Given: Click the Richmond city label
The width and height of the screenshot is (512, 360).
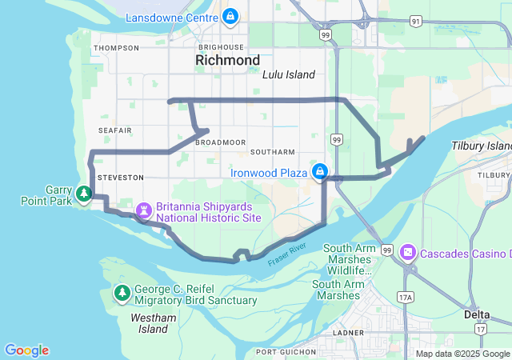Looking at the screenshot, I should [x=228, y=61].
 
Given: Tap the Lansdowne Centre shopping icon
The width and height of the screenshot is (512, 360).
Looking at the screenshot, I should [x=230, y=15].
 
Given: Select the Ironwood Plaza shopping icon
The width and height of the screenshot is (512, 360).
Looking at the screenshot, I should [x=320, y=172].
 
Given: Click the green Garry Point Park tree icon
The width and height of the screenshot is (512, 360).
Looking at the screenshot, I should [x=83, y=194].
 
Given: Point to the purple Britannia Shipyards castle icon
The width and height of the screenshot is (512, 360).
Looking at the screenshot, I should [x=144, y=211].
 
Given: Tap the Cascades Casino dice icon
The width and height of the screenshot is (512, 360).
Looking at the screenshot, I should [x=408, y=254].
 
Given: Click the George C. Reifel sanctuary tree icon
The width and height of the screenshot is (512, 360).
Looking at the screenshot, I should [x=122, y=293].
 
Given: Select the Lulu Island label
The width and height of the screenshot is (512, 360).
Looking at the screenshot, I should [x=289, y=74].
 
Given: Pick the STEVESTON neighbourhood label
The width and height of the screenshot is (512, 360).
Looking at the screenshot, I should [x=120, y=177].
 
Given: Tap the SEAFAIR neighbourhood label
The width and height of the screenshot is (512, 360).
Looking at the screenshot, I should [x=114, y=130].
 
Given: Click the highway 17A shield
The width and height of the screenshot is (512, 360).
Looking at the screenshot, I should [x=406, y=297].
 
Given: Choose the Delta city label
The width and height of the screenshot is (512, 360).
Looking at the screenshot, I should [x=477, y=314].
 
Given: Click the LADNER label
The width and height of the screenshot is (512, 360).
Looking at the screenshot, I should [x=350, y=332].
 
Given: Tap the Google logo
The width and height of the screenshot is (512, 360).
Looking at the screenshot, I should [x=27, y=350].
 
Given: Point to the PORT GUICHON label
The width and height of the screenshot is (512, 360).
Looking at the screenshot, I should [x=285, y=352].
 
